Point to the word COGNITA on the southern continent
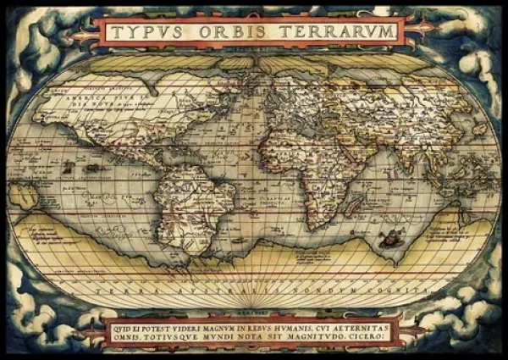pyautogui.click(x=377, y=289)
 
